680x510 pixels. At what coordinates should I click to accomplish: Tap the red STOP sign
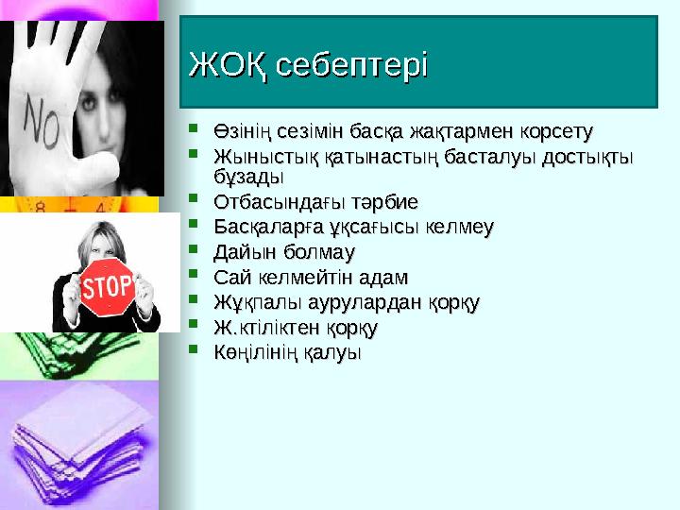click(107, 284)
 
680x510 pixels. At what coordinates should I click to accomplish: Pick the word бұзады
click(246, 177)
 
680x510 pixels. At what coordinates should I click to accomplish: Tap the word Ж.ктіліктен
click(267, 330)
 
